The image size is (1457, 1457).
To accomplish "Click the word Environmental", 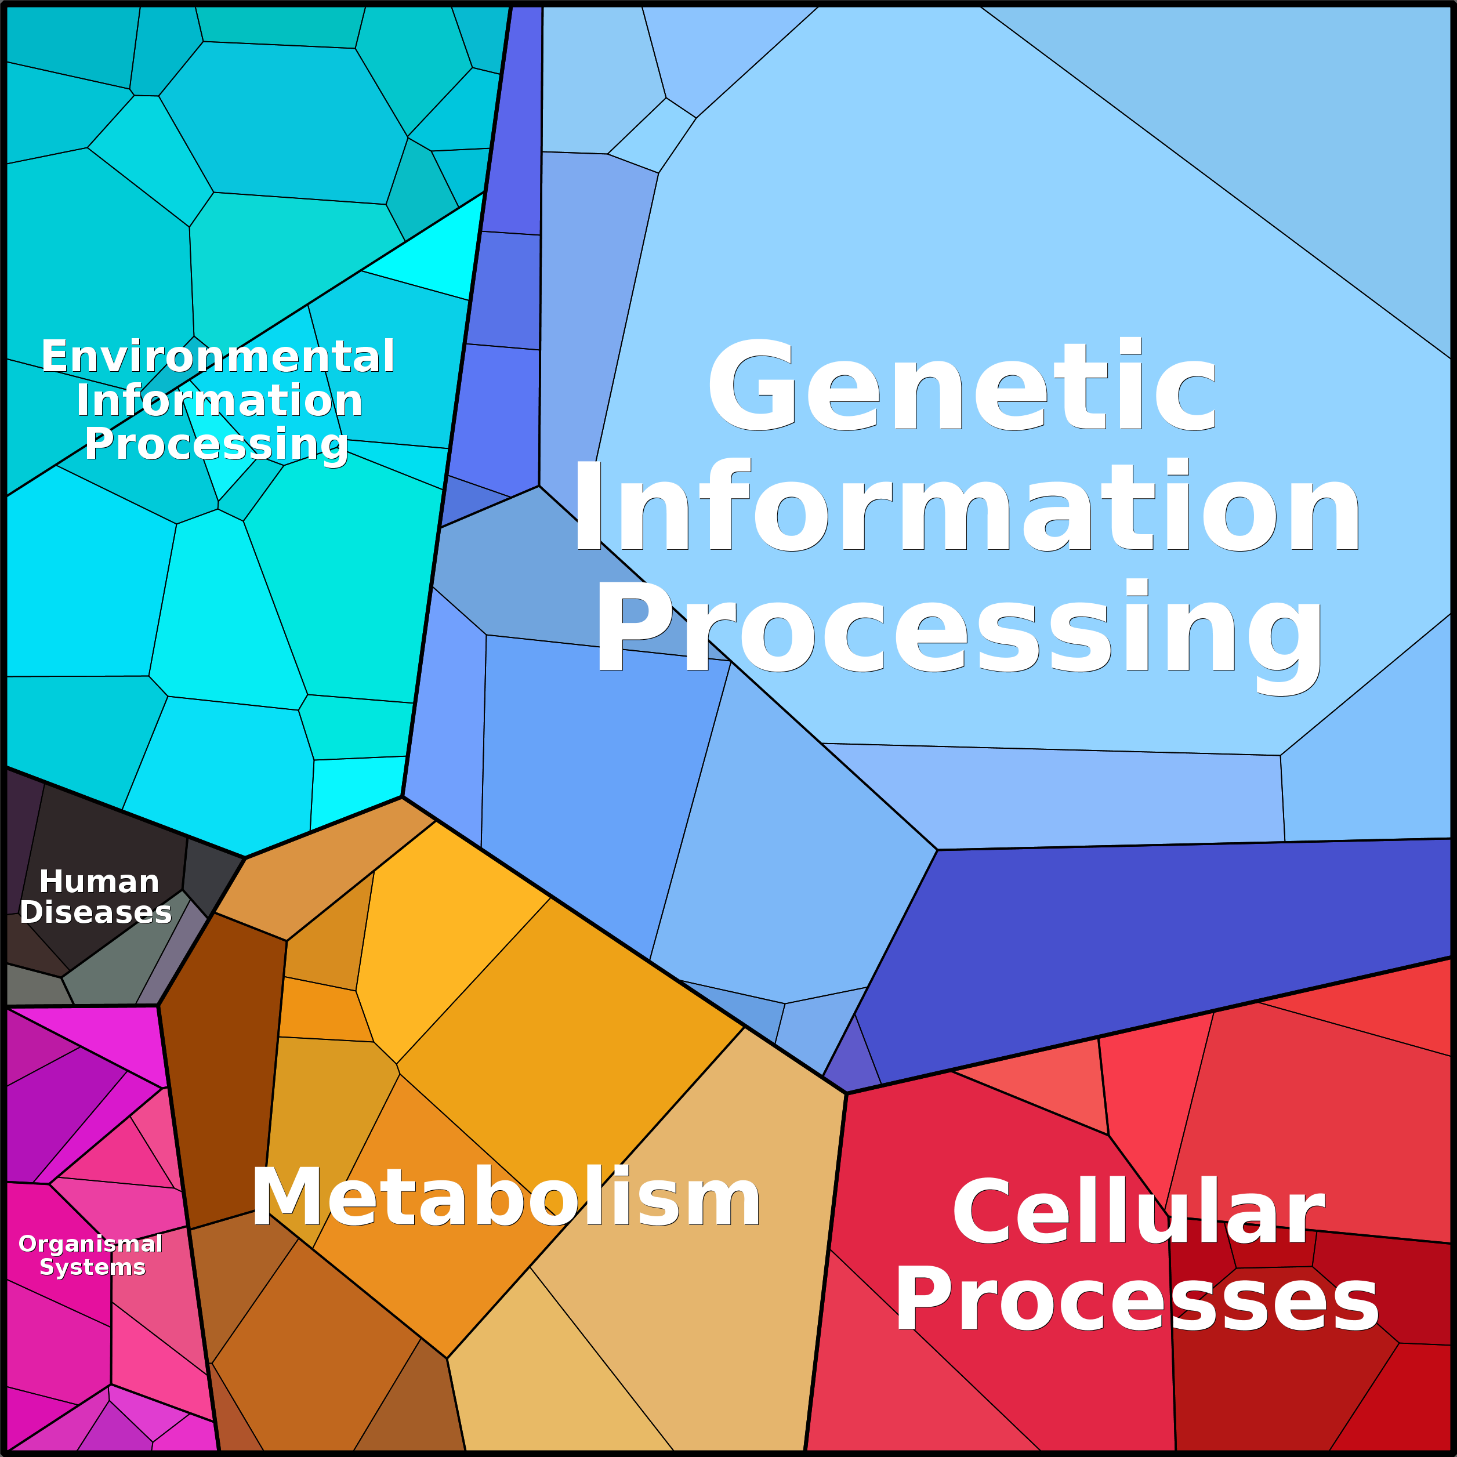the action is tap(218, 357).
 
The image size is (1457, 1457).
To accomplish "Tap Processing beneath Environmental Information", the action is tap(216, 445).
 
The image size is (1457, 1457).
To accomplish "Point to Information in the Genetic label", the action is tap(966, 507).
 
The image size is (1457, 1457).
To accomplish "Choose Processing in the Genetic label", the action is tap(959, 632).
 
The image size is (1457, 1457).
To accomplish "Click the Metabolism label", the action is tap(506, 1198).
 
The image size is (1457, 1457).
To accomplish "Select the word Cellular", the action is tap(1138, 1213).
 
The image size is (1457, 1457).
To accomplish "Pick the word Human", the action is tap(99, 882).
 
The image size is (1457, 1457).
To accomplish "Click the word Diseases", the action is tap(96, 912).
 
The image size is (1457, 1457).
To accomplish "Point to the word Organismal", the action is tap(90, 1244).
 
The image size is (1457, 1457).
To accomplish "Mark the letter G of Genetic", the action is tap(752, 386).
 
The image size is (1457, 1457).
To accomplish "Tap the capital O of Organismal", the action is tap(28, 1244).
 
